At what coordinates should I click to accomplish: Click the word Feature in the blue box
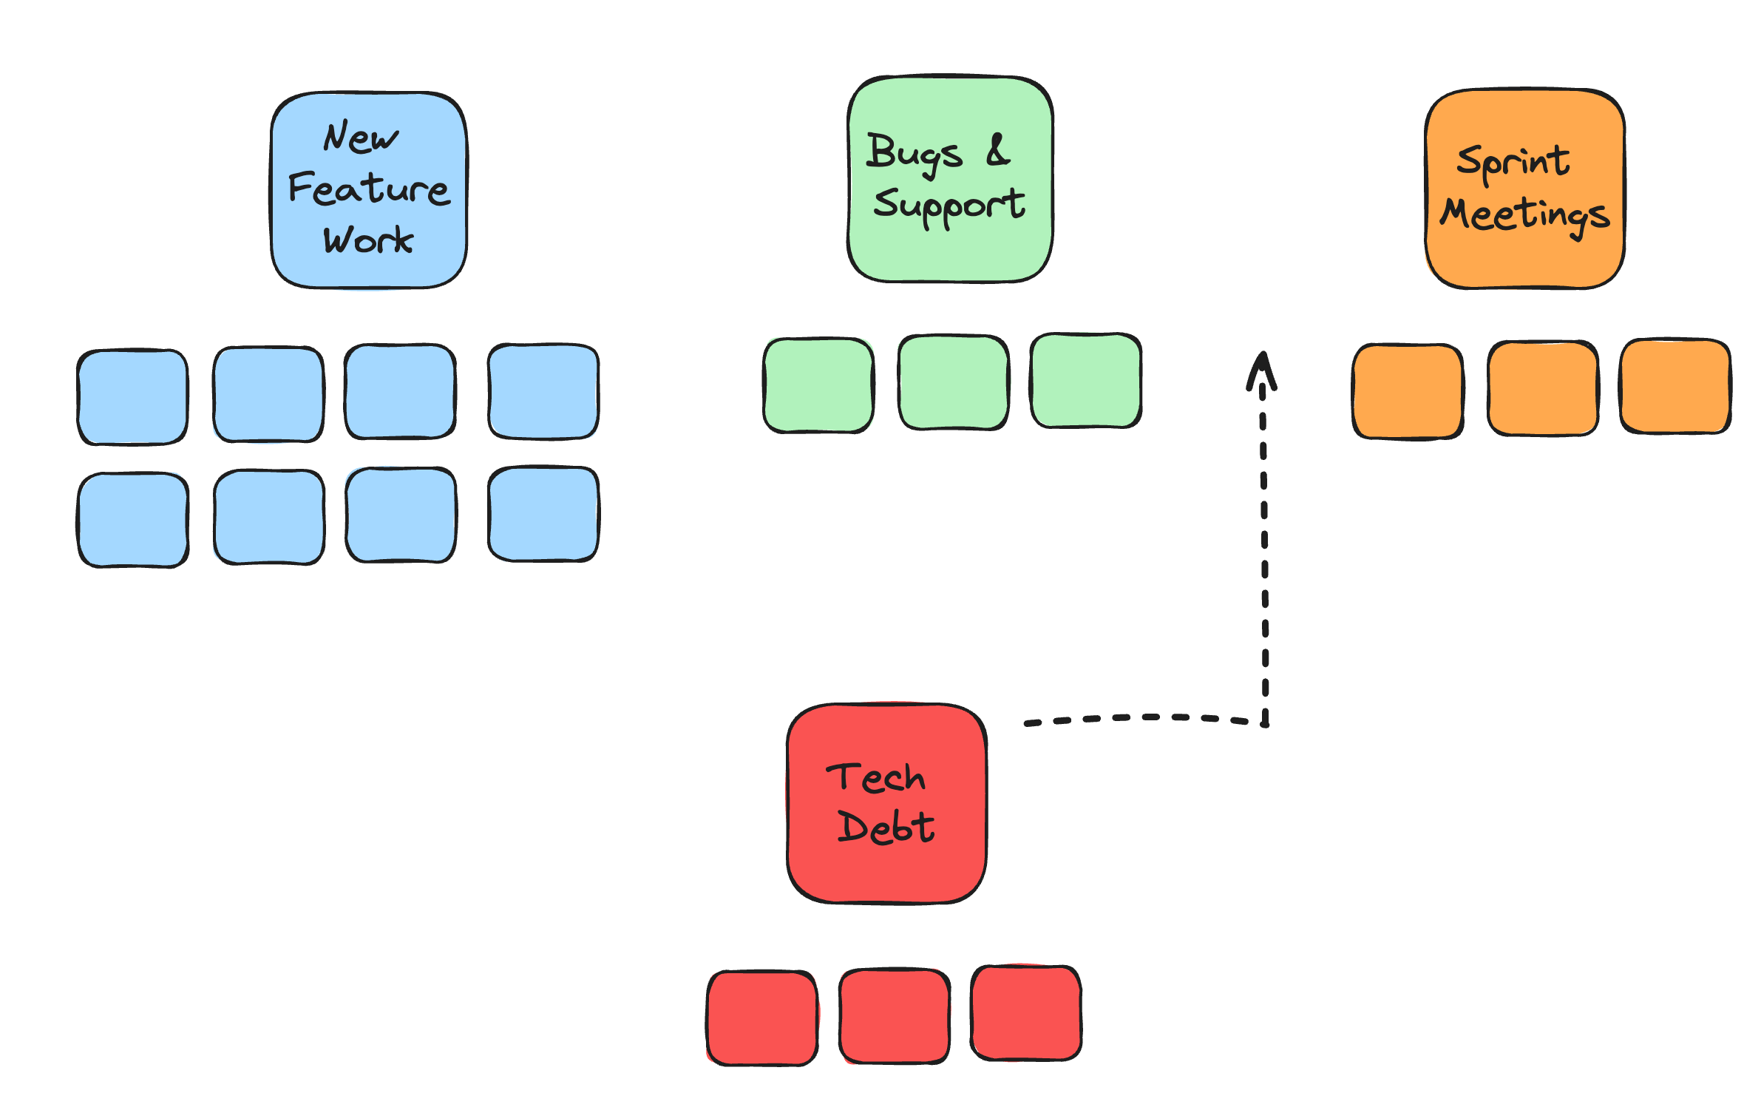click(368, 189)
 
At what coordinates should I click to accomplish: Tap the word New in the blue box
click(360, 138)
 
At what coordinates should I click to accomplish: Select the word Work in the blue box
click(367, 240)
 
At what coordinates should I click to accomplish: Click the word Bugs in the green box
click(914, 153)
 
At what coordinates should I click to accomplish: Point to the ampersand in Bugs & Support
click(997, 150)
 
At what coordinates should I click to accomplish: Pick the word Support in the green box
click(949, 205)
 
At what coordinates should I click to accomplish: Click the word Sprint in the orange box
click(1513, 162)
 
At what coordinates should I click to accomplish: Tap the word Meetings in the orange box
click(1524, 215)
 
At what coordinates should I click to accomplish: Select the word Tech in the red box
click(875, 778)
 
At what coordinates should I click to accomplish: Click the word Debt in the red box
click(886, 827)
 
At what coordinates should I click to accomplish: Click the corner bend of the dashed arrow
click(1265, 722)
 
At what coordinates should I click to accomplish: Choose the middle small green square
click(953, 382)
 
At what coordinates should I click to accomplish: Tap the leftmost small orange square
click(1408, 391)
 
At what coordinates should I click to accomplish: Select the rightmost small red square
click(1026, 1013)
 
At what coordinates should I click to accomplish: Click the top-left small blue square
click(133, 397)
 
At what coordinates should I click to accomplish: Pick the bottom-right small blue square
click(543, 514)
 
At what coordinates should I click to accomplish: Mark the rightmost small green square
click(1085, 381)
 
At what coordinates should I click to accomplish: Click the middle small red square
click(895, 1016)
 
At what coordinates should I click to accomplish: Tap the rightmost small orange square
click(1675, 386)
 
